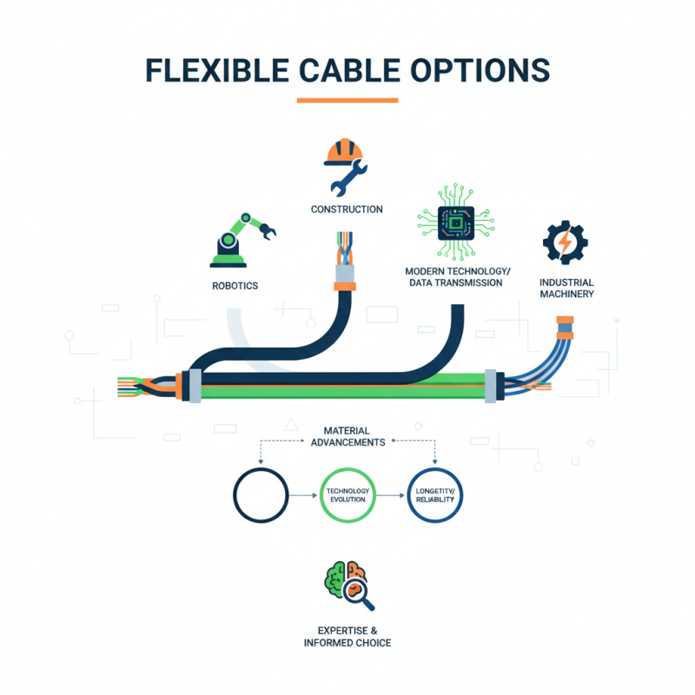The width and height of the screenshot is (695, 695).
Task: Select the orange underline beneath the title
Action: [x=347, y=100]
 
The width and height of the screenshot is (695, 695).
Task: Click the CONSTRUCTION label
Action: [x=347, y=209]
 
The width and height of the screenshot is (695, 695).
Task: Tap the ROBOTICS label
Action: [x=235, y=286]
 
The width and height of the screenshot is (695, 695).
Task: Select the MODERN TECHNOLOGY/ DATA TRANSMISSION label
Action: [x=453, y=277]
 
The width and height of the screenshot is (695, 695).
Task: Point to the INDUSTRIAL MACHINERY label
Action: [x=566, y=288]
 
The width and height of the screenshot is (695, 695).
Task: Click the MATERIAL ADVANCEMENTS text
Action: [x=347, y=436]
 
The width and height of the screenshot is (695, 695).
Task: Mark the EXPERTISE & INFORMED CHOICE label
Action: [x=347, y=636]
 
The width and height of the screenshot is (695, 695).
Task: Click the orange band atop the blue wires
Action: [x=566, y=331]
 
